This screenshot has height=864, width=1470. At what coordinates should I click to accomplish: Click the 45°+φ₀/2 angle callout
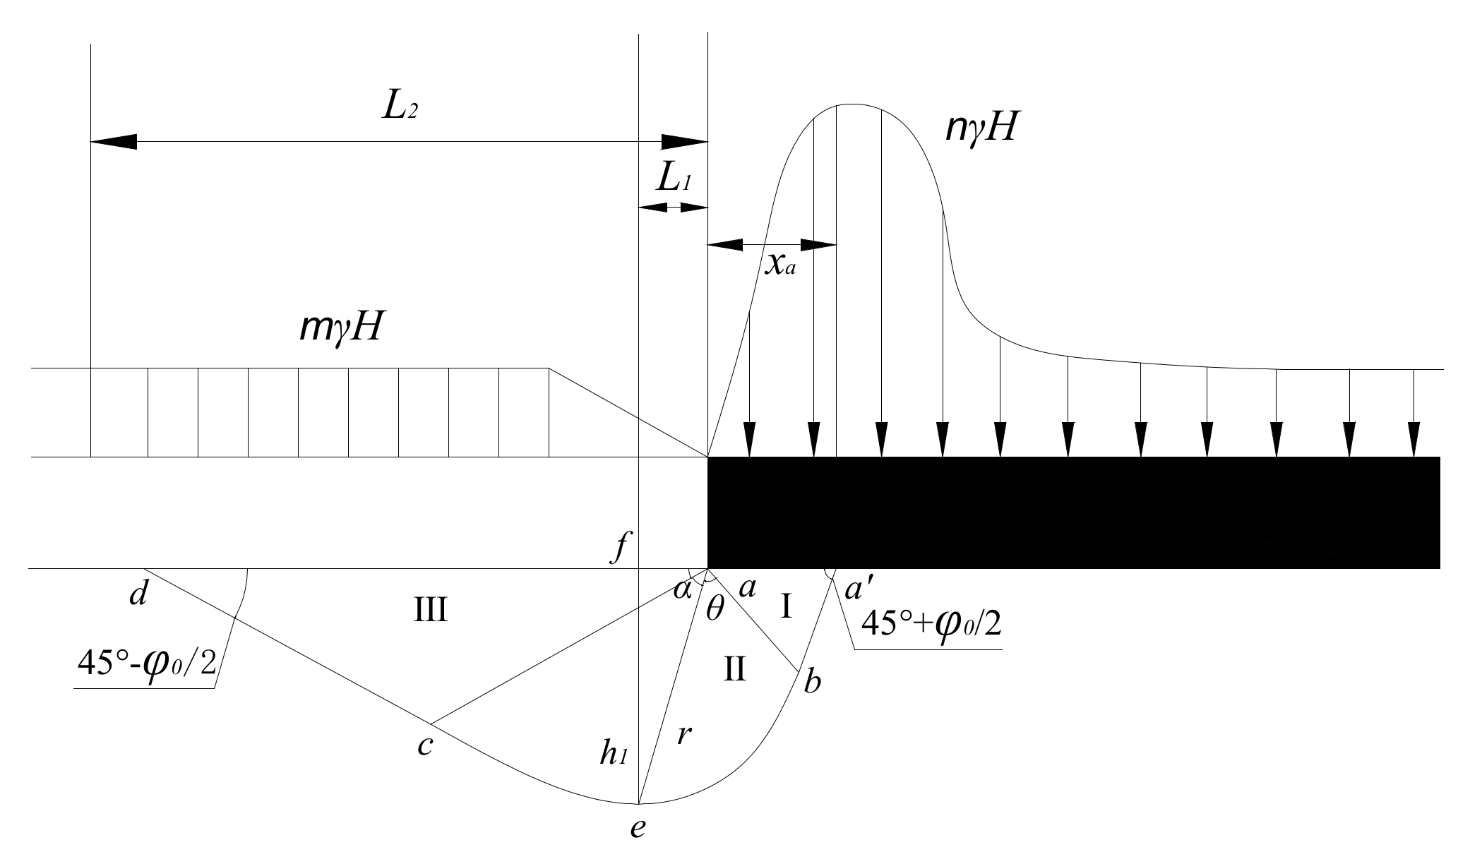931,624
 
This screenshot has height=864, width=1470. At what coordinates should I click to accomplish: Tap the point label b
813,682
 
